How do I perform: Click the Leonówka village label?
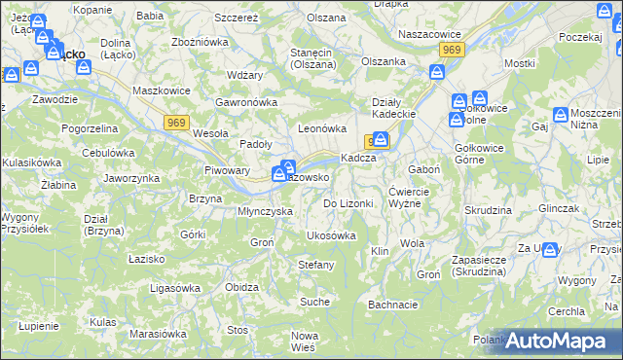(322, 127)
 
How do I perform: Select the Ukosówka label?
(331, 235)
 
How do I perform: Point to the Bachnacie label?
(393, 305)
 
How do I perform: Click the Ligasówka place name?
(174, 287)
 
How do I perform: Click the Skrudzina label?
(488, 210)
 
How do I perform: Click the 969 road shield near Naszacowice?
(450, 49)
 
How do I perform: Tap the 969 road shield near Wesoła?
(176, 121)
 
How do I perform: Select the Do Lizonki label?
(348, 203)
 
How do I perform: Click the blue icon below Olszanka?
(437, 71)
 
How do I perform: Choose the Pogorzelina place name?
(90, 127)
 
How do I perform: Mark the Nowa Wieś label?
(305, 341)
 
